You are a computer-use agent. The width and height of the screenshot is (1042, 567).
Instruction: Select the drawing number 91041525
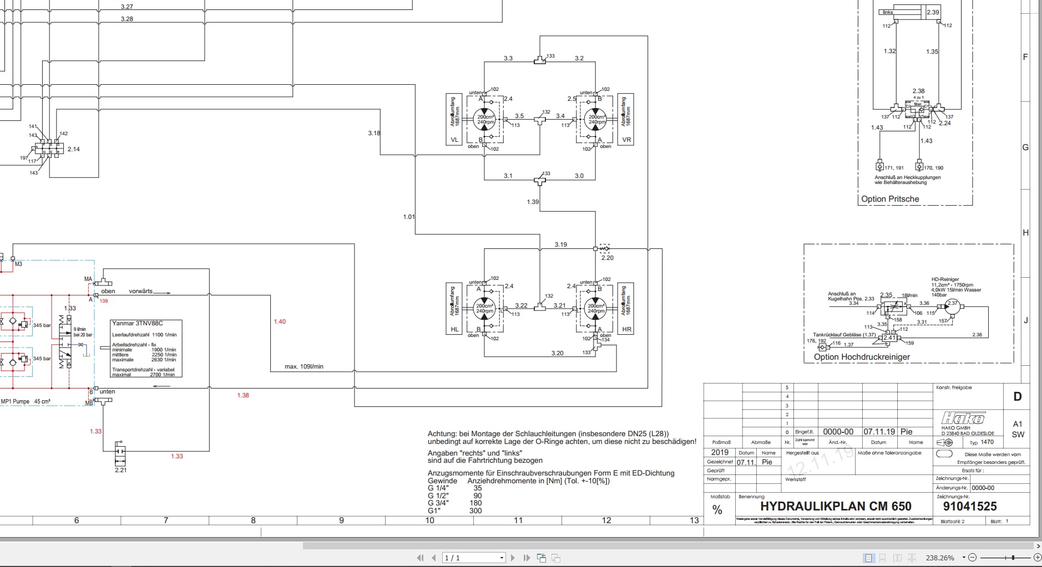[969, 506]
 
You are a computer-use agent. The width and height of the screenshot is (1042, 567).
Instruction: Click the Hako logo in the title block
[963, 418]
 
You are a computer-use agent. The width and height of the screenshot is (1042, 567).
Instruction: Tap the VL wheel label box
[454, 140]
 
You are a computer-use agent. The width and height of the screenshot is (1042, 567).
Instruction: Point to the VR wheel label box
[626, 140]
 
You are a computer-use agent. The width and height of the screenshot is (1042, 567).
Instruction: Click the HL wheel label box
[454, 329]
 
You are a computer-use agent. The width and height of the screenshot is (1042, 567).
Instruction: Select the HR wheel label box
[626, 329]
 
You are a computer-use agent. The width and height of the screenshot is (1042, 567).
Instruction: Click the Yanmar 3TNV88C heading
[137, 324]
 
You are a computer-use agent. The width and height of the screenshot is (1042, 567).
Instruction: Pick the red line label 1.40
[280, 321]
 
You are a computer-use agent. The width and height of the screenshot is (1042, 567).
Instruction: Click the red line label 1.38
[243, 395]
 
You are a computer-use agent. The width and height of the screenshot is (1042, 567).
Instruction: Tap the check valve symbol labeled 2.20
[604, 249]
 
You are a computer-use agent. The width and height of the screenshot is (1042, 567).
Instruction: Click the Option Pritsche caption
[890, 199]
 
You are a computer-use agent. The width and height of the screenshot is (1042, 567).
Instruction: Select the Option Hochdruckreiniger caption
[862, 357]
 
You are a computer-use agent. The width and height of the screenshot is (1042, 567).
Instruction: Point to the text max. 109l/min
[304, 366]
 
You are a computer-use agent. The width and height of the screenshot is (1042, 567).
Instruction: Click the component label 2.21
[120, 470]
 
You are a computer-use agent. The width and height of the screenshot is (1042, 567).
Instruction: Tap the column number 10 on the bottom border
[429, 520]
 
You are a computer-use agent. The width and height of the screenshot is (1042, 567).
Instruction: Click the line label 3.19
[560, 244]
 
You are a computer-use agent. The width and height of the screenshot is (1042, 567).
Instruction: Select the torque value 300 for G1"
[476, 511]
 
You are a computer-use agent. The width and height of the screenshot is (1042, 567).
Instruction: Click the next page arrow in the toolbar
[513, 558]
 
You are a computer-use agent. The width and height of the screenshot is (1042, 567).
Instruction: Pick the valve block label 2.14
[73, 149]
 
